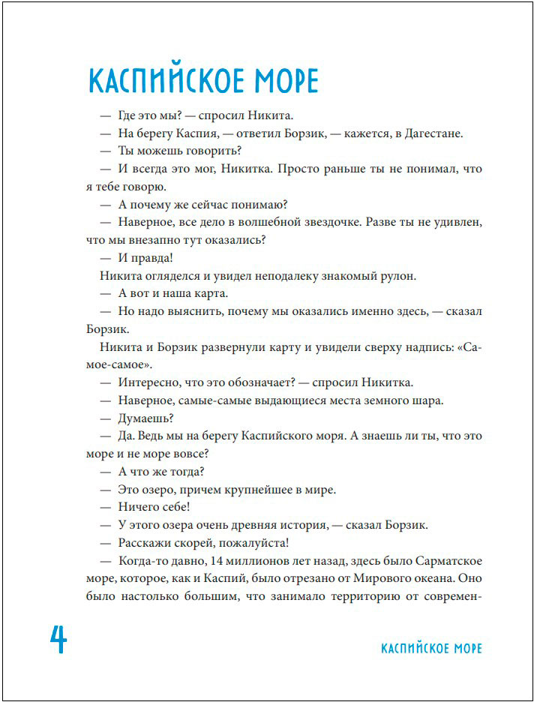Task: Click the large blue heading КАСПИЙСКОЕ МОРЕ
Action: [x=204, y=81]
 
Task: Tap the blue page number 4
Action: [x=58, y=640]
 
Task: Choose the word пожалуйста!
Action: [x=253, y=542]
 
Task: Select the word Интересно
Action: [x=149, y=382]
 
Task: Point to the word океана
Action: [x=426, y=579]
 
